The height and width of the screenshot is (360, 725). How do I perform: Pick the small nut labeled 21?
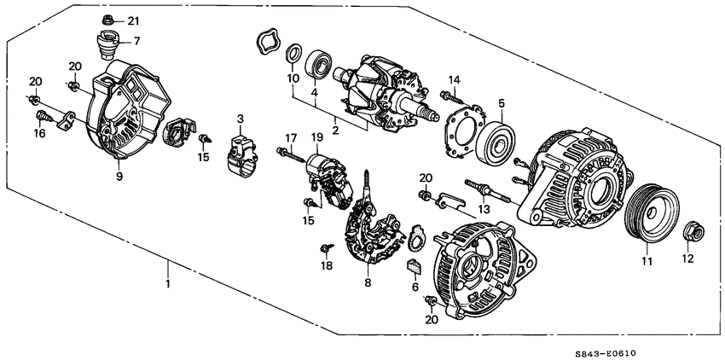click(x=108, y=19)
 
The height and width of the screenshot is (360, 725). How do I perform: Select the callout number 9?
click(x=119, y=176)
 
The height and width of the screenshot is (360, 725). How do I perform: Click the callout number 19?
click(x=317, y=136)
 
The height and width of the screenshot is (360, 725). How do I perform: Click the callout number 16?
click(x=39, y=134)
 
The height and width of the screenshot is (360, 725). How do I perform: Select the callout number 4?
click(x=315, y=92)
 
